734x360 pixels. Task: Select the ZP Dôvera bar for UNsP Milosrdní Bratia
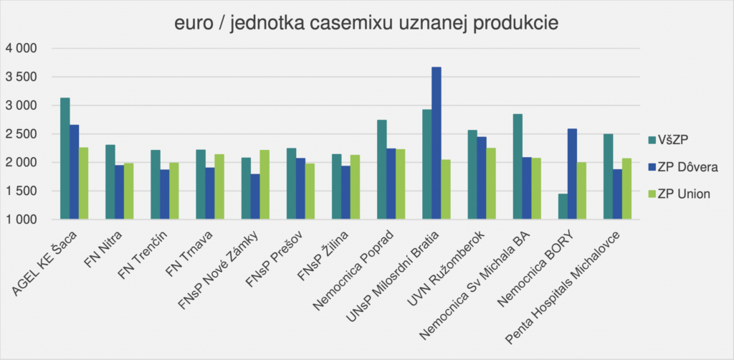pos(437,143)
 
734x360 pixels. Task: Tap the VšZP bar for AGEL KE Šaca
pos(65,158)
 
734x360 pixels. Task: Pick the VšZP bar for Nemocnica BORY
pos(563,207)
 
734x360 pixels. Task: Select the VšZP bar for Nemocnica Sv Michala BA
pos(518,166)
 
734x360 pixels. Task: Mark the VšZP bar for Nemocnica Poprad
pos(382,169)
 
